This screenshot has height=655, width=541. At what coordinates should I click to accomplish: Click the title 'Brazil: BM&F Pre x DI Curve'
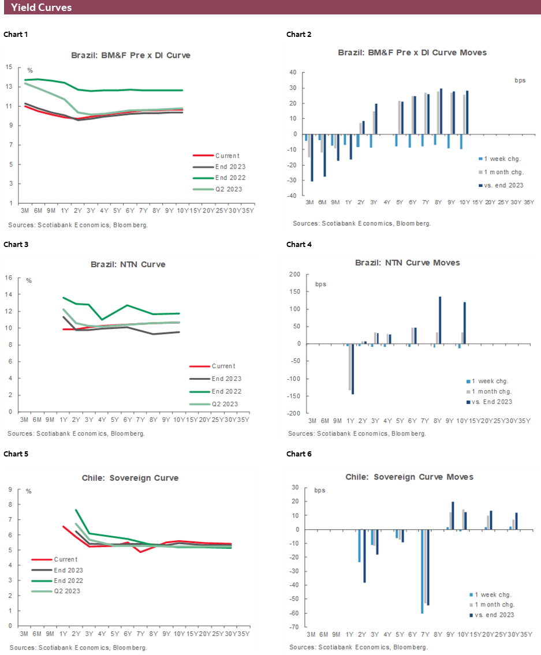[130, 55]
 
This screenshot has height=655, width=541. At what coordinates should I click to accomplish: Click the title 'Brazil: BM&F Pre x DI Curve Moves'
[412, 53]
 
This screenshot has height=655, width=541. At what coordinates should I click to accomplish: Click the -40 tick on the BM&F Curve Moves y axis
[293, 196]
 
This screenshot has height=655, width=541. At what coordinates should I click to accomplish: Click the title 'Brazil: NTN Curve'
[128, 264]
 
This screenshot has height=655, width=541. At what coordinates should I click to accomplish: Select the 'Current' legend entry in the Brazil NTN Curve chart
[223, 366]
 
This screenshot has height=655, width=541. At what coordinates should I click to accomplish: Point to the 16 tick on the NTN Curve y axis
[9, 278]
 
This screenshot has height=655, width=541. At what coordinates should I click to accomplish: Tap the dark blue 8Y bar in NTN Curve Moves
[440, 320]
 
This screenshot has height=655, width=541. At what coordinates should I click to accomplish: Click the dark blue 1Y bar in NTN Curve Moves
[353, 369]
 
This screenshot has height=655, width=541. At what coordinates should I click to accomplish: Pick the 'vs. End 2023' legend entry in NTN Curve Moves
[490, 402]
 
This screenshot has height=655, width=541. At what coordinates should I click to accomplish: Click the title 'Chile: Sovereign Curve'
[129, 478]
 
